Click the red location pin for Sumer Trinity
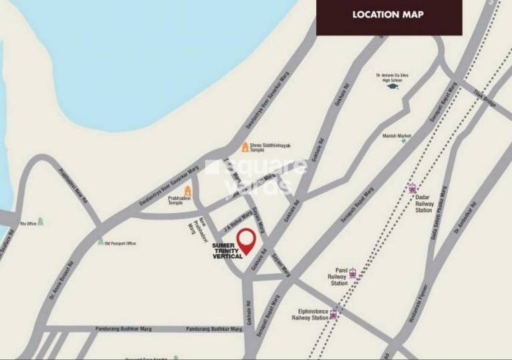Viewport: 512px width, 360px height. coord(248,240)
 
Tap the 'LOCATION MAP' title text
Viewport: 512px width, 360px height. coord(388,14)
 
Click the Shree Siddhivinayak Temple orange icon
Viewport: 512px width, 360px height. coord(245,146)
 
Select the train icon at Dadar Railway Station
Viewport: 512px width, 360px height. coord(413,188)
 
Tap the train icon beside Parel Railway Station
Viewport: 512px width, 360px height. coord(352,273)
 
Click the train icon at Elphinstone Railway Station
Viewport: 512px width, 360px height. coord(333,314)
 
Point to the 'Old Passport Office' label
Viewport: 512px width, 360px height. coord(121,243)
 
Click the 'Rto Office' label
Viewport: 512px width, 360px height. coord(27,223)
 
